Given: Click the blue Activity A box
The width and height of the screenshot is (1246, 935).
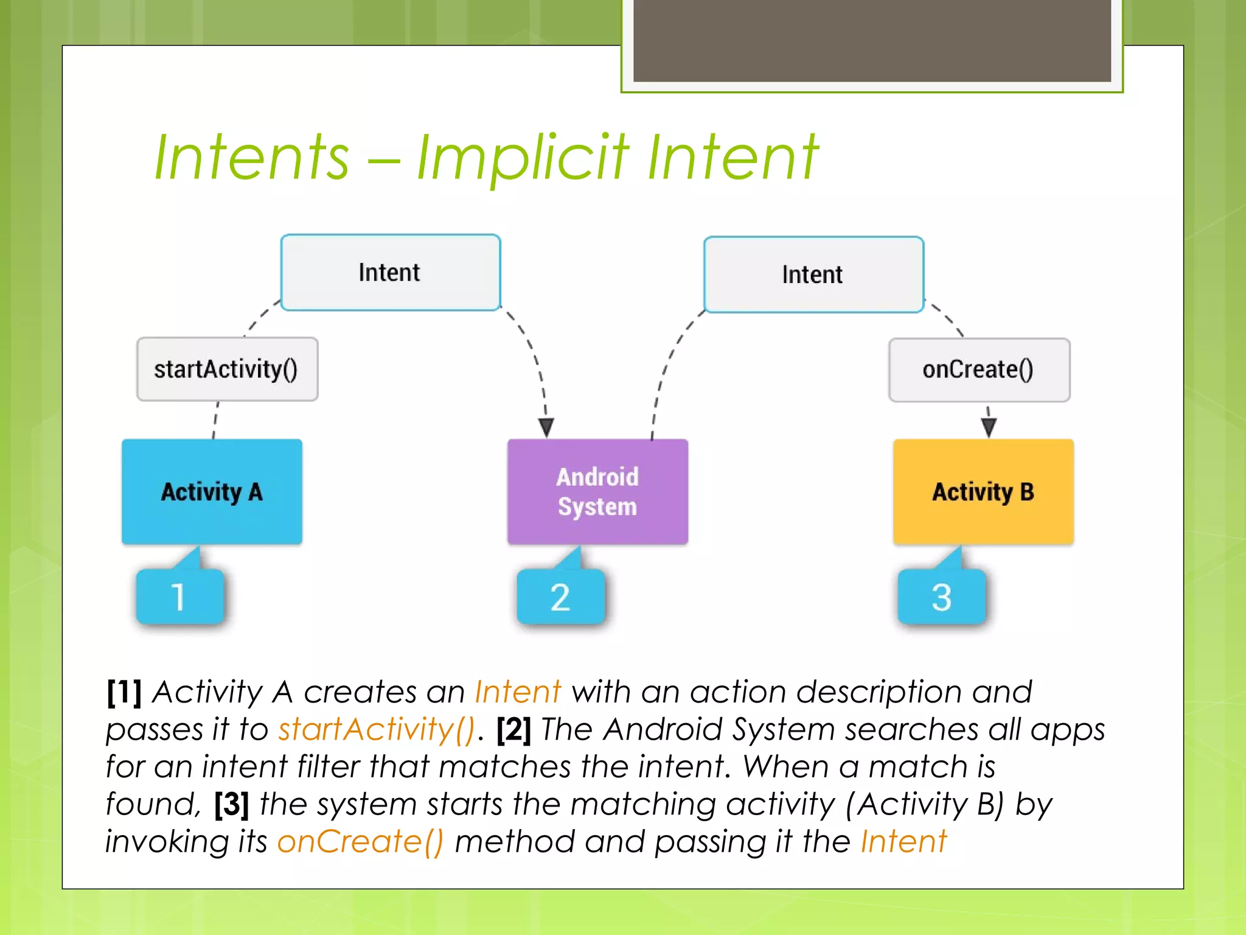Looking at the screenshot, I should pyautogui.click(x=212, y=491).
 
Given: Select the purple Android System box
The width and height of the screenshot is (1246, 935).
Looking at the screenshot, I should pyautogui.click(x=597, y=491).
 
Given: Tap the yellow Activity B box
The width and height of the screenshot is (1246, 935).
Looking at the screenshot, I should pyautogui.click(x=983, y=491).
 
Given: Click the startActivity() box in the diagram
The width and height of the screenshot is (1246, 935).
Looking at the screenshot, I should pyautogui.click(x=227, y=369).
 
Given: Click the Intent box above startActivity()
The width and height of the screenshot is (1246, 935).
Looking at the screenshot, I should pyautogui.click(x=390, y=273).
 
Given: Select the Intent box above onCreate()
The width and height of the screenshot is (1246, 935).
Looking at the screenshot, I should pyautogui.click(x=813, y=275).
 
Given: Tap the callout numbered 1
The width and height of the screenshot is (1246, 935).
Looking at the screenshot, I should pyautogui.click(x=179, y=597).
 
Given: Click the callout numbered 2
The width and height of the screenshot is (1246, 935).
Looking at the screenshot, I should pyautogui.click(x=560, y=597).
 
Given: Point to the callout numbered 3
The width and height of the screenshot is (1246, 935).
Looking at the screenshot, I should pyautogui.click(x=941, y=597).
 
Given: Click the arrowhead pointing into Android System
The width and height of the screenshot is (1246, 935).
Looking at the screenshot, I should pyautogui.click(x=546, y=427).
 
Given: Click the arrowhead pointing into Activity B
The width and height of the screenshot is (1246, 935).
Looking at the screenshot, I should pyautogui.click(x=989, y=427).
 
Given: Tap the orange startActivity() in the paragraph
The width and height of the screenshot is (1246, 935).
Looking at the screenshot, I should pyautogui.click(x=376, y=729).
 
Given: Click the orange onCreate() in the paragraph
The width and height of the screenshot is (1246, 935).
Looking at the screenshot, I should pyautogui.click(x=360, y=842).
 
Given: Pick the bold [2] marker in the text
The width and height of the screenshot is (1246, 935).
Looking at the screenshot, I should pyautogui.click(x=513, y=729).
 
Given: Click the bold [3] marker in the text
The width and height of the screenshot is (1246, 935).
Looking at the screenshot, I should pyautogui.click(x=231, y=804).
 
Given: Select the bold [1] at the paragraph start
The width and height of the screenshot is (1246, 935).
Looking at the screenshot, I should pyautogui.click(x=124, y=692).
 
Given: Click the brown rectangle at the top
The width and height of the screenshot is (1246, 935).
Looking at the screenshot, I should pyautogui.click(x=872, y=40).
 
